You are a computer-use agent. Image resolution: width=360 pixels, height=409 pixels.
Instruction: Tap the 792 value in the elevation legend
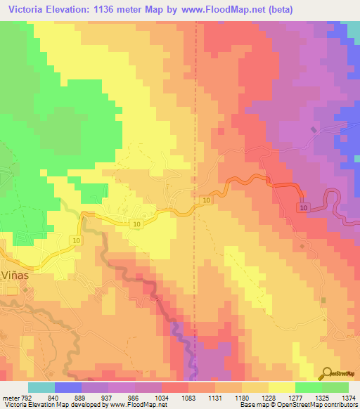click(27, 398)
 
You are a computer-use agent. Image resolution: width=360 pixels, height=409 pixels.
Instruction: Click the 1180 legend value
click(252, 398)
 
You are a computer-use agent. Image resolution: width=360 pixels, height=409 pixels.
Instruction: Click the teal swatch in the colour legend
click(41, 387)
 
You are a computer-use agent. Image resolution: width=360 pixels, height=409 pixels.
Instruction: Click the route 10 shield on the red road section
click(303, 209)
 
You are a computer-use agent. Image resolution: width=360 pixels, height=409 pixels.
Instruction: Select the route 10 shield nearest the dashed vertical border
click(206, 201)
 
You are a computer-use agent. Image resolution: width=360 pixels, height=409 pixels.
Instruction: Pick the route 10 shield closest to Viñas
click(75, 240)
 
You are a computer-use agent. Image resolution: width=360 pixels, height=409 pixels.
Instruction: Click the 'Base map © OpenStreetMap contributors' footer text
click(298, 405)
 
